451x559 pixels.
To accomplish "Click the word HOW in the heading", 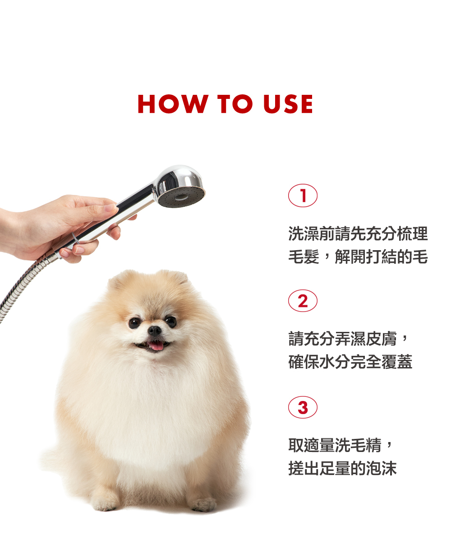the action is point(173,104).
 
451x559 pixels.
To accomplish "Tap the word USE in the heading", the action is point(288,104).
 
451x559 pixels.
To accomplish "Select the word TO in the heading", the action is point(235,104).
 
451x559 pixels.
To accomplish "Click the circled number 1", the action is point(303,196).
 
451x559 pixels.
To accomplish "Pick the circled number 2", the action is point(303,301).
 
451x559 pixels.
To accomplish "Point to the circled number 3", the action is point(303,407).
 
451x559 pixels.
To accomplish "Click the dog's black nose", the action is point(154,331).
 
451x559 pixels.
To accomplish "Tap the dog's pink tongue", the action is point(156,345).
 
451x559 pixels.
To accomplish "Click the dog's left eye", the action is point(170,321).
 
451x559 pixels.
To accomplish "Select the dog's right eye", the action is point(134,323).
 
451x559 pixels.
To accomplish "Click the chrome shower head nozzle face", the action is point(181,197).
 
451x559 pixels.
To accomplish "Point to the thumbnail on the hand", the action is point(110,208).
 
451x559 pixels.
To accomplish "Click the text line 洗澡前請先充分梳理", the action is point(358,233).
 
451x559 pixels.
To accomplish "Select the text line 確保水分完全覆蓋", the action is point(350,361).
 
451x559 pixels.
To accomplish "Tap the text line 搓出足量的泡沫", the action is point(342,468).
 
